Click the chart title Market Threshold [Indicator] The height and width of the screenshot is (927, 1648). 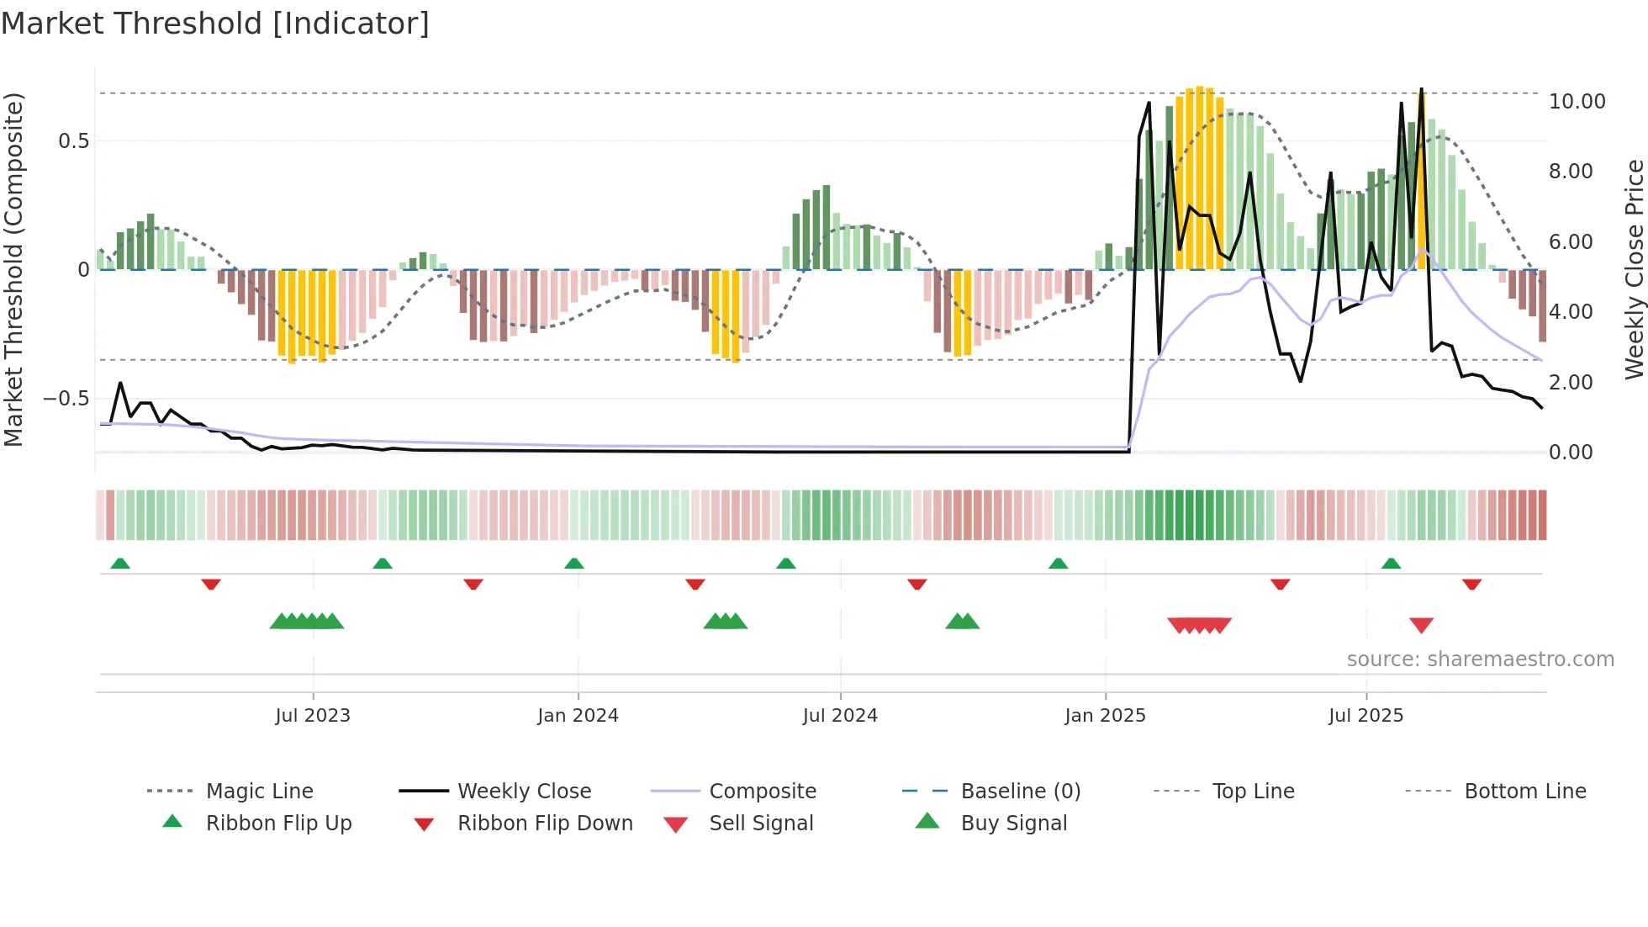[x=215, y=24]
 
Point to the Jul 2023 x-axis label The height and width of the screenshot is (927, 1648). [x=313, y=716]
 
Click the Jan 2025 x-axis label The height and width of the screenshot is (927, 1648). [x=1105, y=716]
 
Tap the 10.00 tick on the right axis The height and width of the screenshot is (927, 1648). [x=1577, y=102]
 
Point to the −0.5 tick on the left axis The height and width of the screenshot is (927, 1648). [x=66, y=398]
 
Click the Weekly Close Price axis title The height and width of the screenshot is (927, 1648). [x=1634, y=269]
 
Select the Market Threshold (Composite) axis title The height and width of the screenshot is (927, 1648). [x=13, y=269]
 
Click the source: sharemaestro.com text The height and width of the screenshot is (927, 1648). [x=1480, y=659]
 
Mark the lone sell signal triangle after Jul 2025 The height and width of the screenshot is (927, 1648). [x=1421, y=625]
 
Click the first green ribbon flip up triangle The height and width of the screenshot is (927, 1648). [x=120, y=563]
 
